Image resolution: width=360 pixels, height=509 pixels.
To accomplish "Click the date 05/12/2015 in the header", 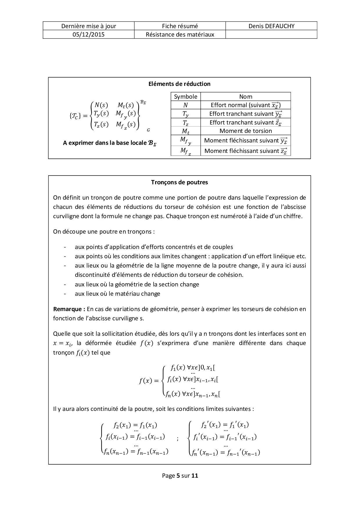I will coord(89,35).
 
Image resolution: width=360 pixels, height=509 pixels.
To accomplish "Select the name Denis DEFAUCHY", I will coord(271,26).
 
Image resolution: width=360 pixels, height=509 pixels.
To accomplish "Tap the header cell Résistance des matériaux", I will coord(180,35).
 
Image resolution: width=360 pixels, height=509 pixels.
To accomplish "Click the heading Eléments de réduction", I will coord(179,84).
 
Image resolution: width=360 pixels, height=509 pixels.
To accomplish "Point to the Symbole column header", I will coord(186,97).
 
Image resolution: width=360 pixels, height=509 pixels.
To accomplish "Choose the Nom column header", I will coord(246,97).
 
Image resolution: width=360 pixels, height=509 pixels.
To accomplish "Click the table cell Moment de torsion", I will coord(246,131).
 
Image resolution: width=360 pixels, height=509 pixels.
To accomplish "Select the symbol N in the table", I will coord(186,105).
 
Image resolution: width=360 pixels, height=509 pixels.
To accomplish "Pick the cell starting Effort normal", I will coord(246,105).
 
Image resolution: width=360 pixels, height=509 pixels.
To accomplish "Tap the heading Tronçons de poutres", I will coord(179,182).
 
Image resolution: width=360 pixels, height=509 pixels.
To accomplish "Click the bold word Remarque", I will coord(69,309).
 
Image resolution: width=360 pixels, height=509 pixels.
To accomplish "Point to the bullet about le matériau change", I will coord(117,293).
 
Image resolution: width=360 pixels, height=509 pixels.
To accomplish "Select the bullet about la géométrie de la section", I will coord(137,284).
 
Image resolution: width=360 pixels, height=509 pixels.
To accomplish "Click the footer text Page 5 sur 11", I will coord(180,475).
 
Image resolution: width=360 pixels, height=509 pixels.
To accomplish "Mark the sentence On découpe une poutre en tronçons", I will coord(104,232).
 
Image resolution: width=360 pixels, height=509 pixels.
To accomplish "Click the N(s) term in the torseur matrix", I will coord(101,105).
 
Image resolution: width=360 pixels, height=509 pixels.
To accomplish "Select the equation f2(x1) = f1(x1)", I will coord(135,425).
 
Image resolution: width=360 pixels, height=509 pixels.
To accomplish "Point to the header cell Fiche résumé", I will coord(180,26).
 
